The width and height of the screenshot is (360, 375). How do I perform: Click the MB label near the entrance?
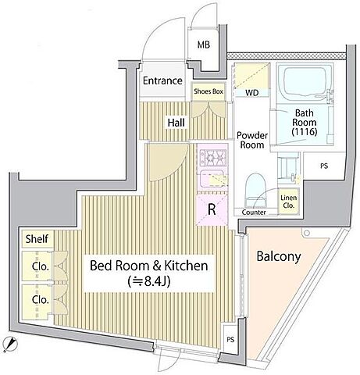coord(204,45)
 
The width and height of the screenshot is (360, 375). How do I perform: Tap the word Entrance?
coord(162,80)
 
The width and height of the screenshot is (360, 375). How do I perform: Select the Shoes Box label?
coord(209,91)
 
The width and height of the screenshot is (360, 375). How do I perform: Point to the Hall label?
coord(176,123)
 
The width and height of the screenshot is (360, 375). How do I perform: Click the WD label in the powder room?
coord(252,93)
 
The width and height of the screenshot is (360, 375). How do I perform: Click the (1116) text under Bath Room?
coord(305,132)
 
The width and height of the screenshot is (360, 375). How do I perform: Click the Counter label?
coord(254,212)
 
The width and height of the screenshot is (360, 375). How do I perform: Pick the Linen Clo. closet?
coord(289,202)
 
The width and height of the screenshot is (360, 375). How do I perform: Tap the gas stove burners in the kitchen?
coord(212,157)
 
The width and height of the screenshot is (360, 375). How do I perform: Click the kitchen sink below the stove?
coord(212,179)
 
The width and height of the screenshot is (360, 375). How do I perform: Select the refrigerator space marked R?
coord(212,209)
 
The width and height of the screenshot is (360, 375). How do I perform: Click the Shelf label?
coord(37,238)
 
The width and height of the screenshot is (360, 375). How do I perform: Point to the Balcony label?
coord(279,256)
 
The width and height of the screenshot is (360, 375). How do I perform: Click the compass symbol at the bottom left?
coord(11,344)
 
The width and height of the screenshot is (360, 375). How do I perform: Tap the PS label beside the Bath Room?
coord(324,166)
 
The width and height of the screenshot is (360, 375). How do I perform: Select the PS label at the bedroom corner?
coord(230,339)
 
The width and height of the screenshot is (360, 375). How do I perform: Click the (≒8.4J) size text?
coord(149,281)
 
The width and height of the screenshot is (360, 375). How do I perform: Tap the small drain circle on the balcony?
coord(307,233)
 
